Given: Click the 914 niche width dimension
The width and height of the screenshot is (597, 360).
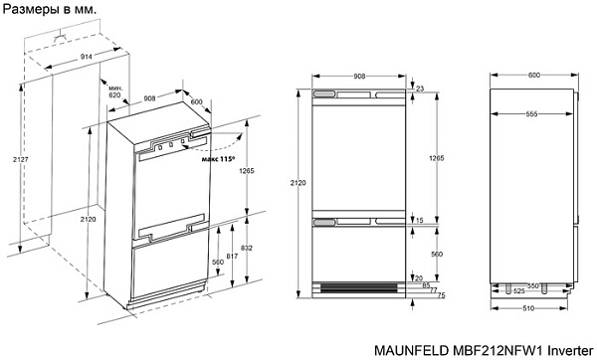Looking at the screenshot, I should (x=87, y=58).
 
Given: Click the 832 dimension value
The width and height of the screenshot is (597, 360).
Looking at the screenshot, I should (x=246, y=249).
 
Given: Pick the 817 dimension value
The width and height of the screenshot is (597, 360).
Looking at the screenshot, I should (x=231, y=257).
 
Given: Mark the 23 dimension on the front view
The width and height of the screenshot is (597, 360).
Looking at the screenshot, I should (x=420, y=90).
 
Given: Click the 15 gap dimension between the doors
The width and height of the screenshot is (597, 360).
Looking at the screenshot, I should (x=420, y=220).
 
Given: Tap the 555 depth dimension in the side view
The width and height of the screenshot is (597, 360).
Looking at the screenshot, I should (x=533, y=114).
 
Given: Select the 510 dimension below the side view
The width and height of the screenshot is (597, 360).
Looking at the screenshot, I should (x=533, y=307).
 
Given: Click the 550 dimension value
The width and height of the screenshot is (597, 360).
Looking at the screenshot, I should (x=534, y=285).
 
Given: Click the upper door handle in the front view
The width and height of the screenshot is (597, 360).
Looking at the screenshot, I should (x=326, y=92).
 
